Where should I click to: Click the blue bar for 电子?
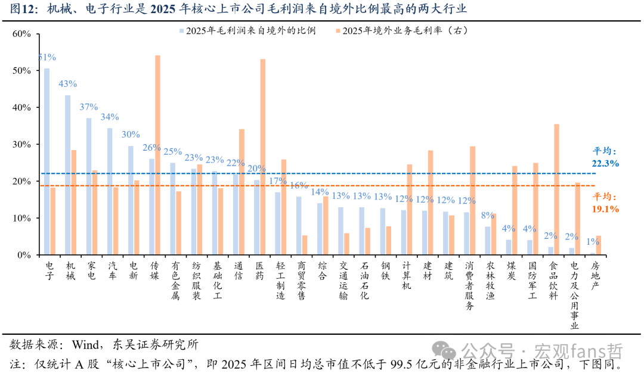click(47, 161)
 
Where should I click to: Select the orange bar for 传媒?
click(157, 155)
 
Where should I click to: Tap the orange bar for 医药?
click(263, 157)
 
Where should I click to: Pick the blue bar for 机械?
click(68, 175)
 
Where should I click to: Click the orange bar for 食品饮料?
click(556, 189)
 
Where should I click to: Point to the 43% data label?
click(68, 84)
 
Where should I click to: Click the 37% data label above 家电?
click(89, 107)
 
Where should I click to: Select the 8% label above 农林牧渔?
click(488, 215)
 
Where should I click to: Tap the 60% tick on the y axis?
click(22, 34)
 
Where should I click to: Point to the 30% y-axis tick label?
click(22, 144)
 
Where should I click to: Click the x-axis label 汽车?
click(113, 271)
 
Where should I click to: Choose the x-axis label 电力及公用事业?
click(574, 296)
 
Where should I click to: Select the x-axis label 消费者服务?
click(469, 285)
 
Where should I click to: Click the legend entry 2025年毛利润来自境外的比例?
click(247, 30)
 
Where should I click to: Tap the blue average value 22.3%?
click(605, 163)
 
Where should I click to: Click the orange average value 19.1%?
click(605, 209)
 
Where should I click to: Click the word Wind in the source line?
click(85, 345)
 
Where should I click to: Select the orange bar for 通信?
click(242, 192)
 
